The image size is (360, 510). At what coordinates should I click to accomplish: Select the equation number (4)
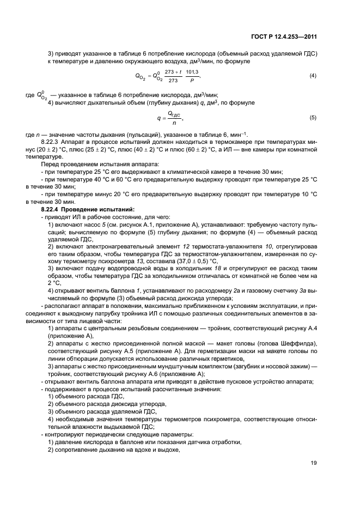point(313,75)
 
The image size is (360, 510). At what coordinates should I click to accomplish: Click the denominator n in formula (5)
point(174,123)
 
